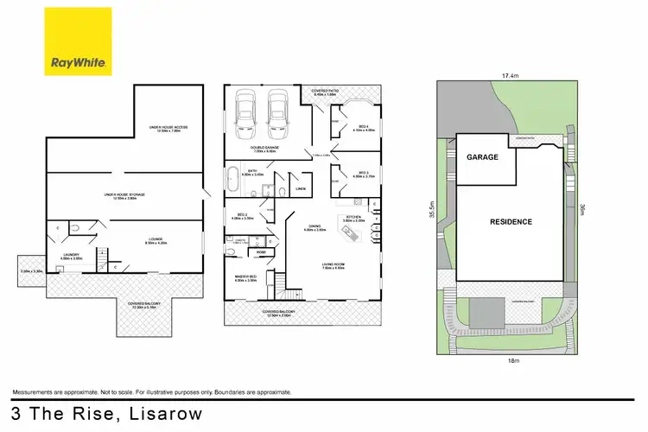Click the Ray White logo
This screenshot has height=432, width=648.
[x=78, y=41]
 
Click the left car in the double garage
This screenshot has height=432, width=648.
[x=245, y=112]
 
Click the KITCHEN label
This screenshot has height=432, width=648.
[x=353, y=217]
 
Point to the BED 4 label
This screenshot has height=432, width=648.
[x=363, y=126]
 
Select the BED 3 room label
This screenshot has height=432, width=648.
[x=363, y=174]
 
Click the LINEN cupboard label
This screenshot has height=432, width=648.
[x=301, y=187]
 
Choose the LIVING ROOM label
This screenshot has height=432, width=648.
[x=334, y=265]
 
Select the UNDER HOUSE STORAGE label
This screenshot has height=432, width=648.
[x=124, y=194]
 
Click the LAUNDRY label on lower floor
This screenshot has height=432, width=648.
[x=70, y=256]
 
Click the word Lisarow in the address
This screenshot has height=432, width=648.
[x=164, y=414]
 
